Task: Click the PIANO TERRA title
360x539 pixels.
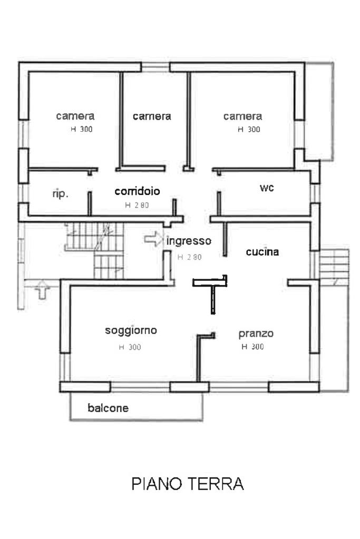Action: pyautogui.click(x=188, y=484)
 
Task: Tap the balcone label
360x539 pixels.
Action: pyautogui.click(x=108, y=408)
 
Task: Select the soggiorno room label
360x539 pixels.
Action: pyautogui.click(x=131, y=331)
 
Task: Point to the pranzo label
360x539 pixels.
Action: pyautogui.click(x=256, y=334)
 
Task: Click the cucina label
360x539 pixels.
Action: pyautogui.click(x=262, y=252)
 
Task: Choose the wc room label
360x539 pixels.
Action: pyautogui.click(x=267, y=188)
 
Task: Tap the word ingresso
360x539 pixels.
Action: pyautogui.click(x=189, y=241)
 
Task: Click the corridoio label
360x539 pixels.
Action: pyautogui.click(x=137, y=191)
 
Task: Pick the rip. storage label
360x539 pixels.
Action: pyautogui.click(x=61, y=194)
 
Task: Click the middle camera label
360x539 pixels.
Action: pyautogui.click(x=152, y=116)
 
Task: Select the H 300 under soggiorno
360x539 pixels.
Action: pyautogui.click(x=130, y=347)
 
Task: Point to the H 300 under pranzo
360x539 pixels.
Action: pyautogui.click(x=252, y=347)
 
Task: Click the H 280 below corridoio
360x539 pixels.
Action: pyautogui.click(x=137, y=205)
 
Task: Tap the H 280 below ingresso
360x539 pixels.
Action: pyautogui.click(x=189, y=257)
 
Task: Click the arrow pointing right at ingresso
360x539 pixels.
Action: pyautogui.click(x=153, y=239)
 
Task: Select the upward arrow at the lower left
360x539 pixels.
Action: pyautogui.click(x=42, y=290)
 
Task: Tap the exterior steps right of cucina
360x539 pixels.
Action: pyautogui.click(x=334, y=263)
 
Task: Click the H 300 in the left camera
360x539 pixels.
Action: pyautogui.click(x=82, y=129)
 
